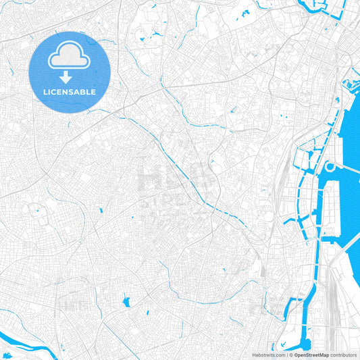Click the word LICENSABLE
[70, 91]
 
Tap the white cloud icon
[70, 58]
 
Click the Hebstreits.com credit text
[268, 354]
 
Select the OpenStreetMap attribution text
[310, 354]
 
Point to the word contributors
[344, 354]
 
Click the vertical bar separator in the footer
[286, 354]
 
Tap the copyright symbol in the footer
[290, 354]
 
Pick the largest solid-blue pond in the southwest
[126, 302]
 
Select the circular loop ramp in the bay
[330, 167]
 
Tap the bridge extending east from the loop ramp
[348, 170]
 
